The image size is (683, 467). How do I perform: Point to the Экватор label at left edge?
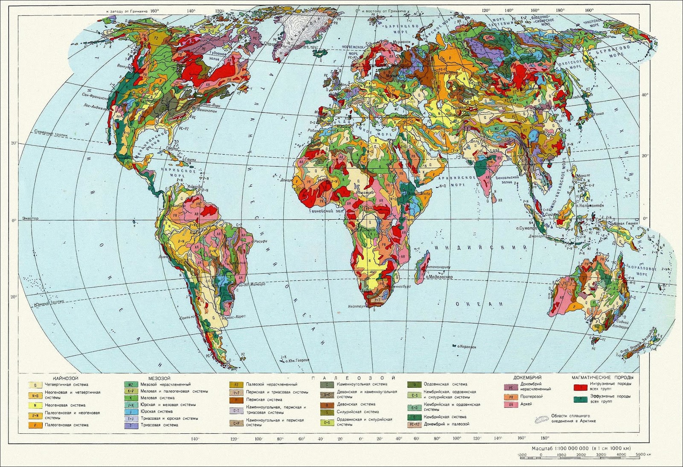(x=28, y=219)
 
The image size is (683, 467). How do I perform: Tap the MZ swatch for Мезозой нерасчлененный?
(x=130, y=385)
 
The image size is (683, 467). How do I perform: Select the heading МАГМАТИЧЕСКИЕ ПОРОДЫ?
(x=602, y=378)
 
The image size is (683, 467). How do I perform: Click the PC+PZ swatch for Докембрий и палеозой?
(x=413, y=424)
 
